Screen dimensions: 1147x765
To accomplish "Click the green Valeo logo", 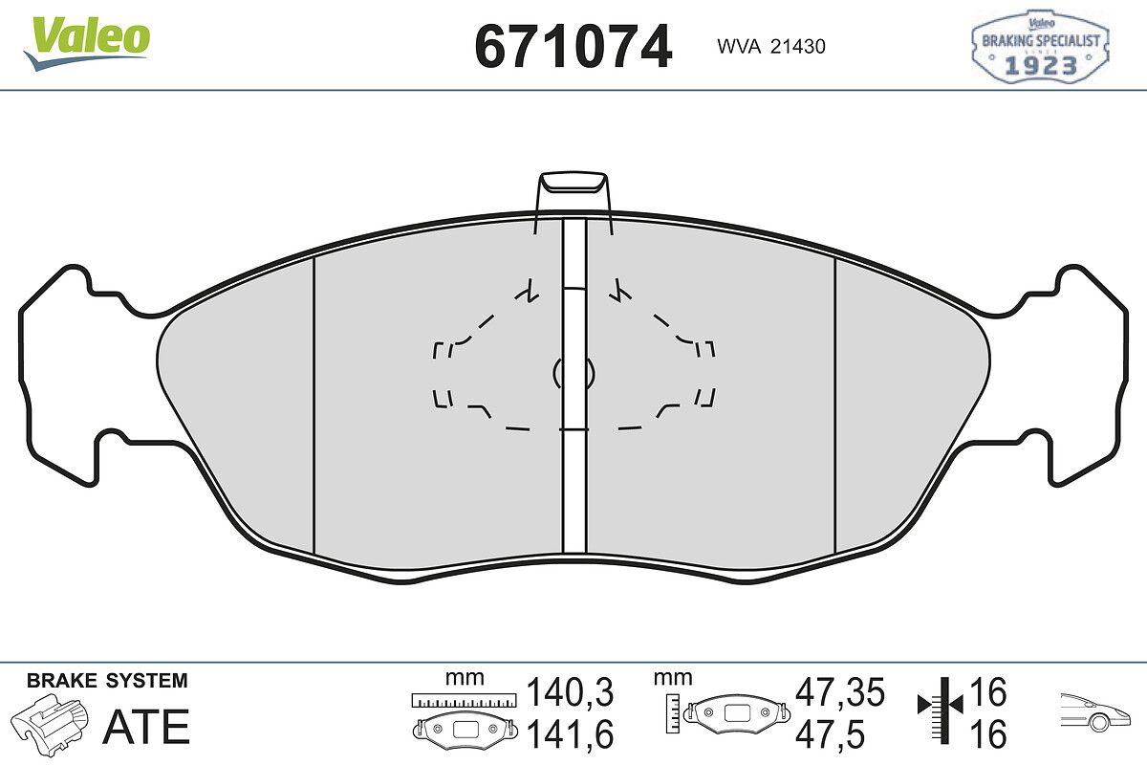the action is (87, 42).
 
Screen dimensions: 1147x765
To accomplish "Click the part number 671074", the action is (573, 46).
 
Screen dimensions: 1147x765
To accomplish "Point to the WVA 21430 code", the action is (771, 47).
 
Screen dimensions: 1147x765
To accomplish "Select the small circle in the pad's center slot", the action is (574, 373).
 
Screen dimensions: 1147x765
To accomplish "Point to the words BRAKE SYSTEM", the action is (107, 681).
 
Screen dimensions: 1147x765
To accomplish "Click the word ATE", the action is (146, 727).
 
